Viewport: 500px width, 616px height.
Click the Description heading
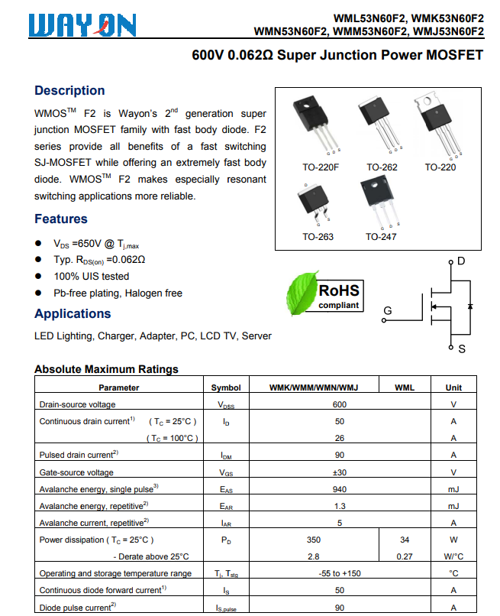click(x=69, y=90)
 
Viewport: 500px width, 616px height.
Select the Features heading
click(x=60, y=219)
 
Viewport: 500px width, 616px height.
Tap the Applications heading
click(x=73, y=313)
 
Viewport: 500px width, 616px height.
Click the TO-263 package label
click(x=318, y=237)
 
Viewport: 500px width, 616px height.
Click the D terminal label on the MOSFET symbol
click(x=461, y=262)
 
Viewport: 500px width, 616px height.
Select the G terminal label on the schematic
click(x=388, y=311)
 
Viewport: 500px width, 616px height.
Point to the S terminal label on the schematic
click(x=461, y=349)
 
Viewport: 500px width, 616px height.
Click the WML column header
click(x=405, y=387)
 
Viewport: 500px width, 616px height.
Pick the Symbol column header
click(x=226, y=387)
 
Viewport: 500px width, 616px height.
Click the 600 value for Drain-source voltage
click(x=340, y=404)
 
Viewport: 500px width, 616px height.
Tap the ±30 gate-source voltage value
click(x=340, y=472)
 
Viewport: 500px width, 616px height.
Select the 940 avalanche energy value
click(x=340, y=489)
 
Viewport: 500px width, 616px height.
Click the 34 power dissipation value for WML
click(x=405, y=540)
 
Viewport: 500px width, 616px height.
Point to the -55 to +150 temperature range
click(x=340, y=573)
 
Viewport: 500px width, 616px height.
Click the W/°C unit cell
click(x=453, y=556)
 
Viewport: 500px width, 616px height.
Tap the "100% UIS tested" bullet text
click(x=91, y=277)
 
